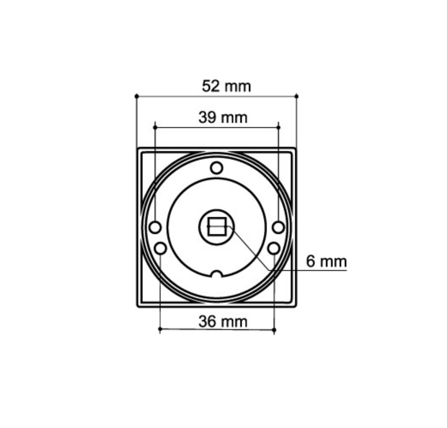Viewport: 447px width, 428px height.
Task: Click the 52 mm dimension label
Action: pos(226,86)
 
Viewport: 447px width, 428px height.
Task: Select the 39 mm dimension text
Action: pos(223,117)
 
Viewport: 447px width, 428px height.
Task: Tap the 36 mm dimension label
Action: pos(223,321)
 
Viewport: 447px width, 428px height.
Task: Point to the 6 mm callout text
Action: pos(326,261)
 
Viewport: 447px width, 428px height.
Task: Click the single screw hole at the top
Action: pos(217,168)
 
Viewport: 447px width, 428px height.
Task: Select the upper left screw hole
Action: pos(155,227)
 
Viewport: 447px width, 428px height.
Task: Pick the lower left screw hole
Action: pos(160,248)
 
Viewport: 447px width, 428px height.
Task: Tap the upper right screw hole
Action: pos(278,227)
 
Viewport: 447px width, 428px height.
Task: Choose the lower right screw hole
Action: pos(274,248)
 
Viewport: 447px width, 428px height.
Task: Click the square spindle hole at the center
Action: pos(217,226)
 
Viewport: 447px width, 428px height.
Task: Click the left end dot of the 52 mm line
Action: pos(136,96)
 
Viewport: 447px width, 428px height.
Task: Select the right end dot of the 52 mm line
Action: pos(296,96)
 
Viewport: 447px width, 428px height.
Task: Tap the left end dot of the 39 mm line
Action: pos(155,127)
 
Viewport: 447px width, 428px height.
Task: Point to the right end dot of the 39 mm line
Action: pos(278,127)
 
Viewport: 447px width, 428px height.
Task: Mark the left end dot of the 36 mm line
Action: pos(160,330)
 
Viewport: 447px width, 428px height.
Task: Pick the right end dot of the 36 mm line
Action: pos(274,330)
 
